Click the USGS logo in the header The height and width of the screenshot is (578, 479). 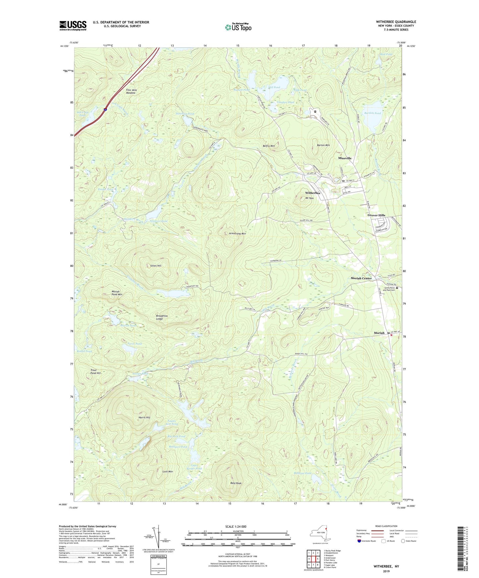point(73,25)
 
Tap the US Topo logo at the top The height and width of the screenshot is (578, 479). point(238,27)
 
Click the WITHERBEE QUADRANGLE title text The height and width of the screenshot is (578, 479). point(396,22)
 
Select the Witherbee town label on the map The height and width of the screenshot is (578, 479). point(313,193)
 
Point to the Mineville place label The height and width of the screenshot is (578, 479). point(345,158)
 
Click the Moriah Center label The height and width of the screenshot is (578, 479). point(361,278)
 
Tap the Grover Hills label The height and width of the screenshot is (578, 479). point(376,215)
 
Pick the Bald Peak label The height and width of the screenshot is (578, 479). point(236,483)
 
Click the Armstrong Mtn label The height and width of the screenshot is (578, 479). point(237,234)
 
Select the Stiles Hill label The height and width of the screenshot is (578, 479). point(155,266)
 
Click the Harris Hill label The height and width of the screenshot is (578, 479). point(144,417)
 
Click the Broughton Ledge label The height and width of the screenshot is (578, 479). point(162,317)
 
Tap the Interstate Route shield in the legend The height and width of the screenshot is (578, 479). point(359,541)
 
